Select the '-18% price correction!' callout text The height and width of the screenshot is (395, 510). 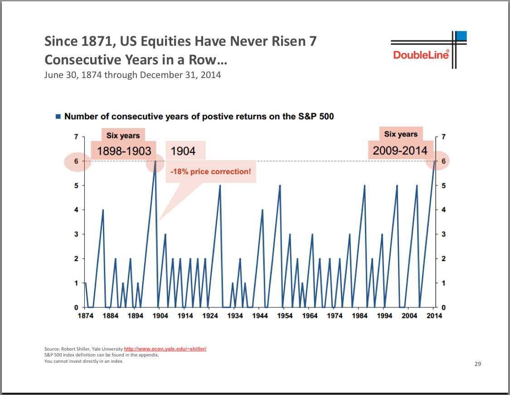coord(210,172)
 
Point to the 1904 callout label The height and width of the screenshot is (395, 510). coord(183,151)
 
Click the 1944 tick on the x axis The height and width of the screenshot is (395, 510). coord(260,316)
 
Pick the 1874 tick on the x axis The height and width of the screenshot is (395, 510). coord(86,316)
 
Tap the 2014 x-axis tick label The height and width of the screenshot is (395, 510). coord(434,316)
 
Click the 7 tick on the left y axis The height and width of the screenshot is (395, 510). coord(76,137)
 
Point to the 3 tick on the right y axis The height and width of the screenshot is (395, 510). coord(443,234)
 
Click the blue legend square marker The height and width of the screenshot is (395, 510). coord(58,117)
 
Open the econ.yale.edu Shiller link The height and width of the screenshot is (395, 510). coord(165,349)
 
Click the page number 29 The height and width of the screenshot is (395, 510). coord(477,364)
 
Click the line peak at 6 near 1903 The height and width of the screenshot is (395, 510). coord(155,161)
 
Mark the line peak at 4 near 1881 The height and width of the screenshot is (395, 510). coord(103,210)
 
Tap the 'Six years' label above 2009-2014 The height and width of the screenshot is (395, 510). coord(401,134)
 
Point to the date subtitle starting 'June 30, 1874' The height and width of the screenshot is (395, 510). coord(132,74)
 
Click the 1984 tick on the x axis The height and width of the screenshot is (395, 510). coord(359,316)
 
